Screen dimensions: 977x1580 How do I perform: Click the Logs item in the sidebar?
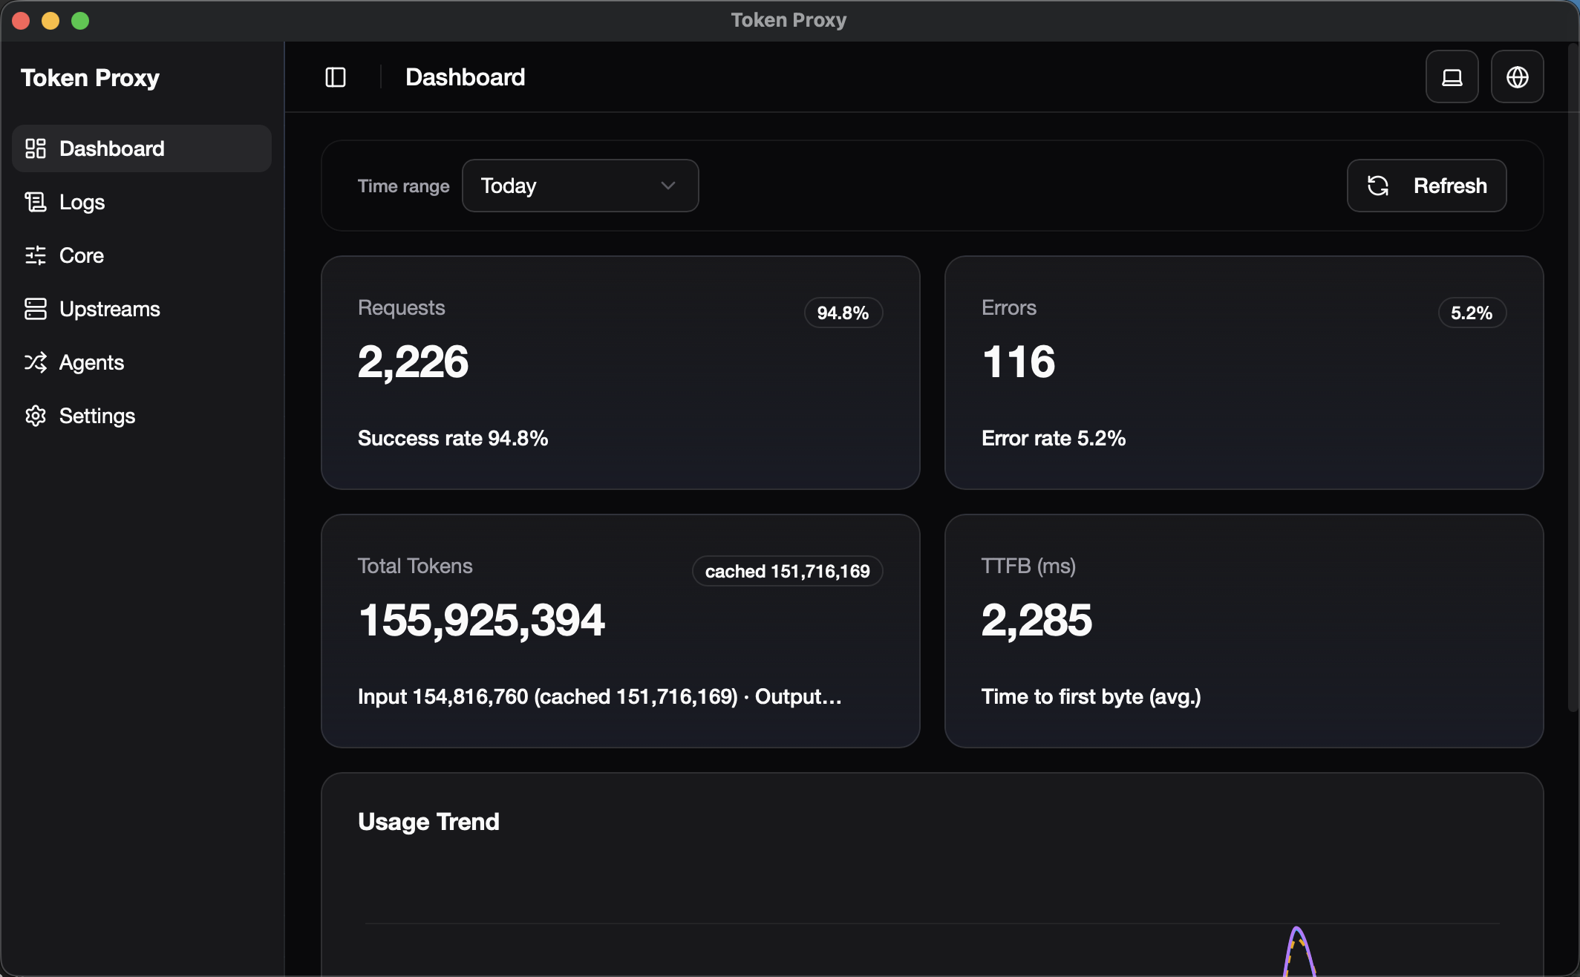tap(82, 202)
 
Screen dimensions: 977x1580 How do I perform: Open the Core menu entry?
tap(81, 255)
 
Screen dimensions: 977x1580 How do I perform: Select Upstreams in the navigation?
tap(109, 309)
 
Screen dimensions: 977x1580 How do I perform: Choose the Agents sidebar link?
tap(91, 362)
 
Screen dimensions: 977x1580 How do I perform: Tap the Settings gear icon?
tap(36, 416)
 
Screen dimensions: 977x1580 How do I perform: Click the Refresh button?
tap(1426, 186)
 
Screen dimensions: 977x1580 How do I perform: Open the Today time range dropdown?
tap(580, 186)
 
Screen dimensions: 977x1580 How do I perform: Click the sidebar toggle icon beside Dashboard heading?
tap(336, 77)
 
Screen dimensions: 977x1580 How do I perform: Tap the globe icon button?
tap(1517, 77)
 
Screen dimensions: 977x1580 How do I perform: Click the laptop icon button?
tap(1452, 77)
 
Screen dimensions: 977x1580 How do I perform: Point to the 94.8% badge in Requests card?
tap(843, 313)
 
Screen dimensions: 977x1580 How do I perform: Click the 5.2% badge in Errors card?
tap(1472, 313)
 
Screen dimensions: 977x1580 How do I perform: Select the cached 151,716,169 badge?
tap(787, 571)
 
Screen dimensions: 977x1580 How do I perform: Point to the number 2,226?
tap(413, 362)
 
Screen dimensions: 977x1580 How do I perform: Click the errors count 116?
tap(1018, 362)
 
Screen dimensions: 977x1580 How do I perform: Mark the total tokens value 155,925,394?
tap(481, 620)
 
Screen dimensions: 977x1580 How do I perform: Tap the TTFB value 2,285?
tap(1037, 620)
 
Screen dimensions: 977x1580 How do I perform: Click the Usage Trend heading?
tap(428, 822)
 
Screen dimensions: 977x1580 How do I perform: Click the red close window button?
tap(21, 21)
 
